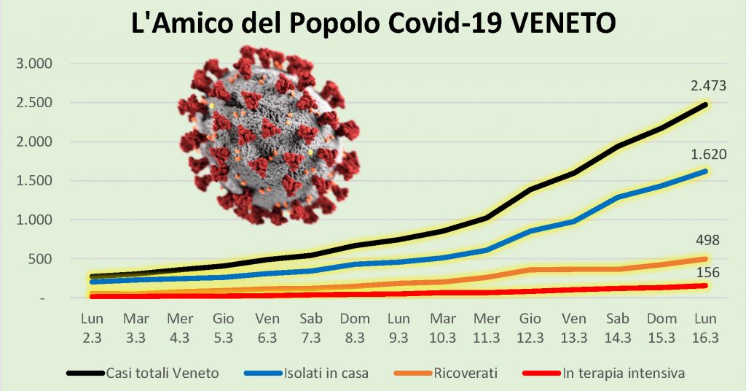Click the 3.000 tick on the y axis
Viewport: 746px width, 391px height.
[x=35, y=63]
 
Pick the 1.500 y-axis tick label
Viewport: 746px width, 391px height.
[x=35, y=181]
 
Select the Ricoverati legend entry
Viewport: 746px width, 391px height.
[x=466, y=373]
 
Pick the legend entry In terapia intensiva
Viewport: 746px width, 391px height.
[x=623, y=373]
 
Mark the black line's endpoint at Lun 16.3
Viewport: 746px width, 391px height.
[x=704, y=105]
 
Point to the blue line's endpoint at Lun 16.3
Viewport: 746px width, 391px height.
[x=704, y=171]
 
